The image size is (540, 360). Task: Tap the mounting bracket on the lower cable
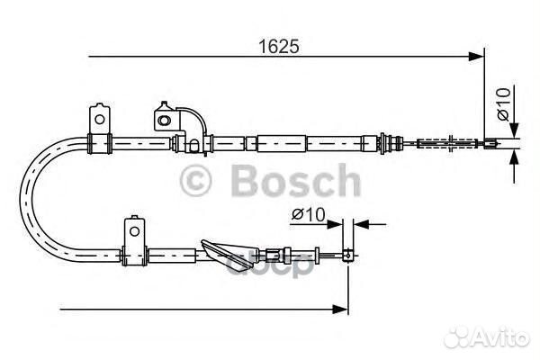click(134, 240)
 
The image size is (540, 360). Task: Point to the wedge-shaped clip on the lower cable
click(221, 252)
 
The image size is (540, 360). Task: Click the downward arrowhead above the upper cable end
click(513, 130)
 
